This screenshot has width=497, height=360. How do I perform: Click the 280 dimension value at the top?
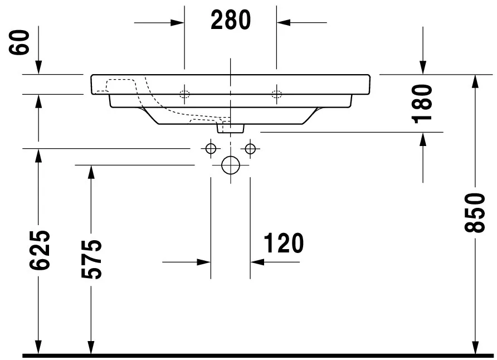click(x=231, y=21)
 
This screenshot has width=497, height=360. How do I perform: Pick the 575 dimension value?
click(x=91, y=259)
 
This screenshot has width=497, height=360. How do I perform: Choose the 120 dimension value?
click(x=283, y=243)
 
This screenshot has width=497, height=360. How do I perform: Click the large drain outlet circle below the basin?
click(x=230, y=165)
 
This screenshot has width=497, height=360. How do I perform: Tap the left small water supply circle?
click(x=211, y=149)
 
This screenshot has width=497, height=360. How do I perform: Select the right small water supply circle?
click(x=250, y=149)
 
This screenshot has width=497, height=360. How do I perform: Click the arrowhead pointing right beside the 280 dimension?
click(x=178, y=22)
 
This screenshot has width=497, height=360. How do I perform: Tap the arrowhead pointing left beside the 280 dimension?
click(x=283, y=22)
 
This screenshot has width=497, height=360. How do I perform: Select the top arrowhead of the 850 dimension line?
click(x=474, y=81)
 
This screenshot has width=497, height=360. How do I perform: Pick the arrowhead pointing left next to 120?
click(x=256, y=261)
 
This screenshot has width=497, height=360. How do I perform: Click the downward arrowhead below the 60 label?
click(x=38, y=67)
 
